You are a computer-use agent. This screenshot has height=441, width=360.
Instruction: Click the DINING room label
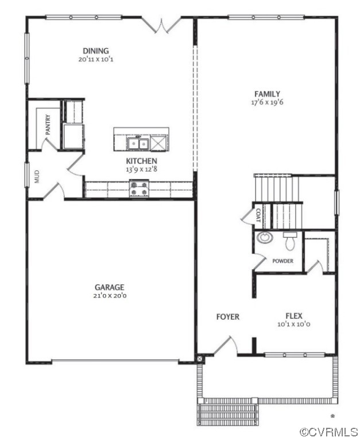[95, 51]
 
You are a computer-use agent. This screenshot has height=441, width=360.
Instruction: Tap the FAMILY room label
[267, 94]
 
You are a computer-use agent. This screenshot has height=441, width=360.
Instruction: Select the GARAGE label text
[110, 287]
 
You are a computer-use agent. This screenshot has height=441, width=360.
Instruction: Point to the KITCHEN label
[141, 161]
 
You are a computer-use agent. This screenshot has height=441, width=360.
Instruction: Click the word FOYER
[227, 316]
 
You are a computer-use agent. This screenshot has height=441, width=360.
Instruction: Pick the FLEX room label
[294, 315]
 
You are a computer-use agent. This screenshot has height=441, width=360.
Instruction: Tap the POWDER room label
[282, 261]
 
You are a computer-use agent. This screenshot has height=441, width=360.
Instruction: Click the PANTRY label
[49, 125]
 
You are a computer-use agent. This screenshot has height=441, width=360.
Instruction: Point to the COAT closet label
[258, 215]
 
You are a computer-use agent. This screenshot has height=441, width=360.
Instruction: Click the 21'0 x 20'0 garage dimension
[110, 296]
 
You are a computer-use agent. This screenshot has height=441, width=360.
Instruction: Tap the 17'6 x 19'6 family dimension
[267, 102]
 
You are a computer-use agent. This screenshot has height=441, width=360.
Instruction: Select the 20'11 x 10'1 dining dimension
[96, 59]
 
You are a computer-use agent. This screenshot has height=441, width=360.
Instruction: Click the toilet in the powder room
[289, 241]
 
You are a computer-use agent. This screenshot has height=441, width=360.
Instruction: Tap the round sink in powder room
[265, 238]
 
